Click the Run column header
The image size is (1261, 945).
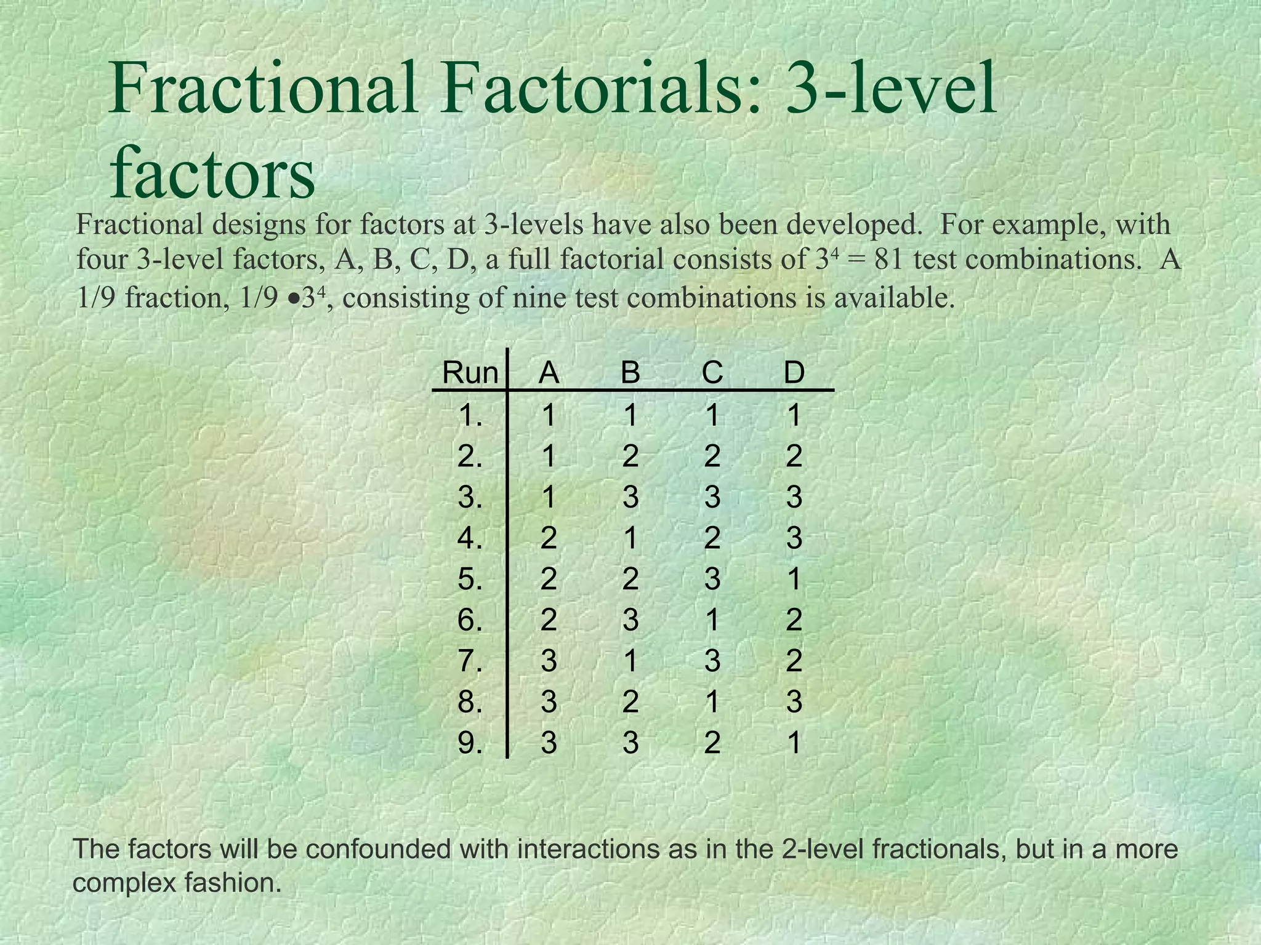pyautogui.click(x=470, y=373)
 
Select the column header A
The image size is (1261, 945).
pyautogui.click(x=549, y=373)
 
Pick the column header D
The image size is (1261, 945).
pyautogui.click(x=794, y=373)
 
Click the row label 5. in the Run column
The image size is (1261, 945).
pyautogui.click(x=470, y=579)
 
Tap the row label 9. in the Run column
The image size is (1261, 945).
pyautogui.click(x=470, y=743)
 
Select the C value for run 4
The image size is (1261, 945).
pyautogui.click(x=712, y=538)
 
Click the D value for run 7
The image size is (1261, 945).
pyautogui.click(x=794, y=661)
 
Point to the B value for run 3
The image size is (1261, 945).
pyautogui.click(x=630, y=497)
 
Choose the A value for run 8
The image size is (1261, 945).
pyautogui.click(x=549, y=702)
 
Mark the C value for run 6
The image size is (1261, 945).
pyautogui.click(x=712, y=620)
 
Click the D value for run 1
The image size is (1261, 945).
pyautogui.click(x=794, y=415)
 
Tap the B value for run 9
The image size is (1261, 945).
pyautogui.click(x=630, y=743)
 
